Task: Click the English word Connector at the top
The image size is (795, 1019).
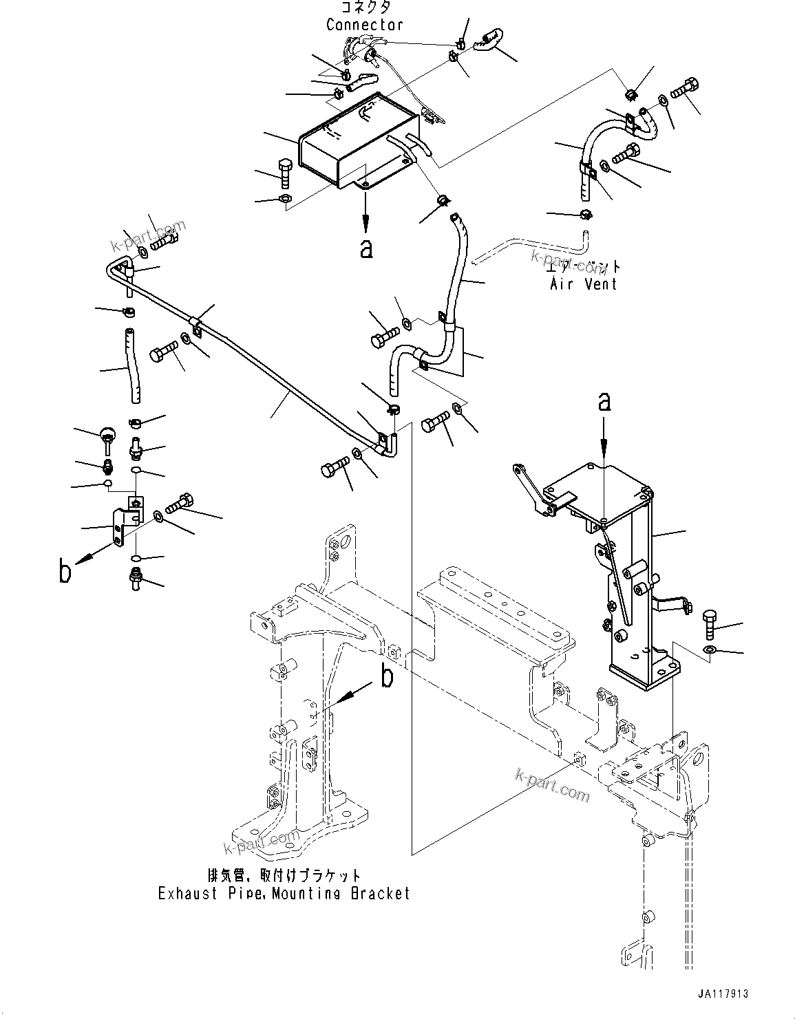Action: [x=364, y=25]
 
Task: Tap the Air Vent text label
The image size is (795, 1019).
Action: [x=583, y=283]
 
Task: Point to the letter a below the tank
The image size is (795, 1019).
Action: [x=366, y=248]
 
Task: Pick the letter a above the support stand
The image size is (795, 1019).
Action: [x=604, y=402]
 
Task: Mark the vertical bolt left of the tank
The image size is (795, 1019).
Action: [x=286, y=175]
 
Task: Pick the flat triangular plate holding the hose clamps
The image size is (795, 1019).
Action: [x=451, y=351]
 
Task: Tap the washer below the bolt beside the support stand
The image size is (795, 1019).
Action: [x=710, y=650]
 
